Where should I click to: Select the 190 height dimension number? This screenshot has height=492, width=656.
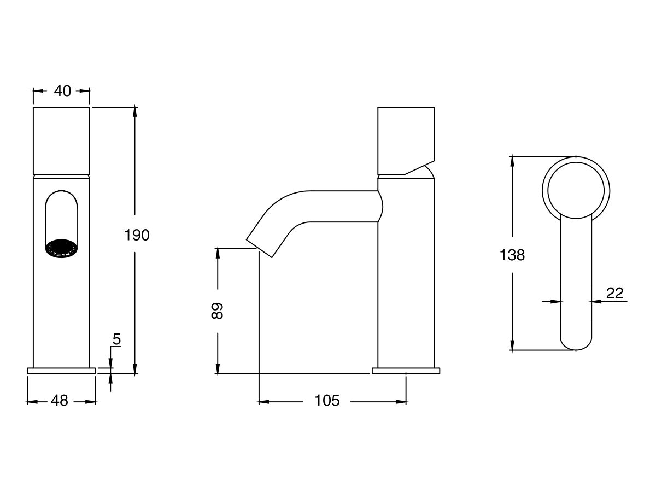pyautogui.click(x=137, y=235)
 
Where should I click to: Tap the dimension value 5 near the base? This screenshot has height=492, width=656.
pyautogui.click(x=116, y=339)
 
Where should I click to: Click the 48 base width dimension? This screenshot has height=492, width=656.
pyautogui.click(x=60, y=401)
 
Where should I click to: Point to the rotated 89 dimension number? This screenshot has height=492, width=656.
pyautogui.click(x=218, y=311)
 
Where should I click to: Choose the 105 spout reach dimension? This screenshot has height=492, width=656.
pyautogui.click(x=327, y=401)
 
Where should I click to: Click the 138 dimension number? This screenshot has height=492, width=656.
pyautogui.click(x=512, y=255)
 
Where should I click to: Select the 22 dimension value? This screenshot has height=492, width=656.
pyautogui.click(x=614, y=294)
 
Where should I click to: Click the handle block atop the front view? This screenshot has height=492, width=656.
pyautogui.click(x=61, y=140)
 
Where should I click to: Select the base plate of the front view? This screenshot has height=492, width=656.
pyautogui.click(x=61, y=371)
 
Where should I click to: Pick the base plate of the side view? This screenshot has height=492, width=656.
pyautogui.click(x=406, y=371)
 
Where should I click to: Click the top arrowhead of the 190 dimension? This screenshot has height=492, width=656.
pyautogui.click(x=135, y=112)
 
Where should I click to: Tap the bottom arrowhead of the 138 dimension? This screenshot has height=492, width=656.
pyautogui.click(x=512, y=345)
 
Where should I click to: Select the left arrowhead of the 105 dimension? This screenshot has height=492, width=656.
pyautogui.click(x=262, y=402)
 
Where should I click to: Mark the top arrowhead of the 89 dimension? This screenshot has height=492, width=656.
pyautogui.click(x=218, y=253)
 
